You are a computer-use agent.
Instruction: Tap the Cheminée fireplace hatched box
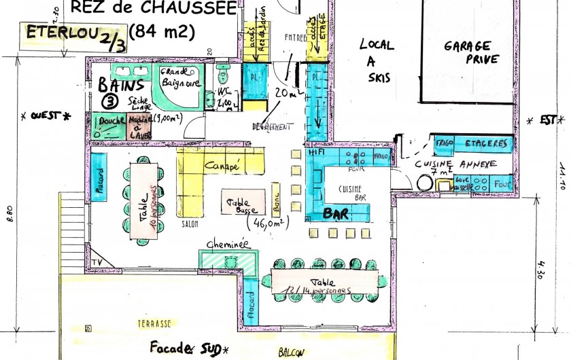(x=228, y=260)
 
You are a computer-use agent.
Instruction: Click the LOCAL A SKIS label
(x=377, y=61)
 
